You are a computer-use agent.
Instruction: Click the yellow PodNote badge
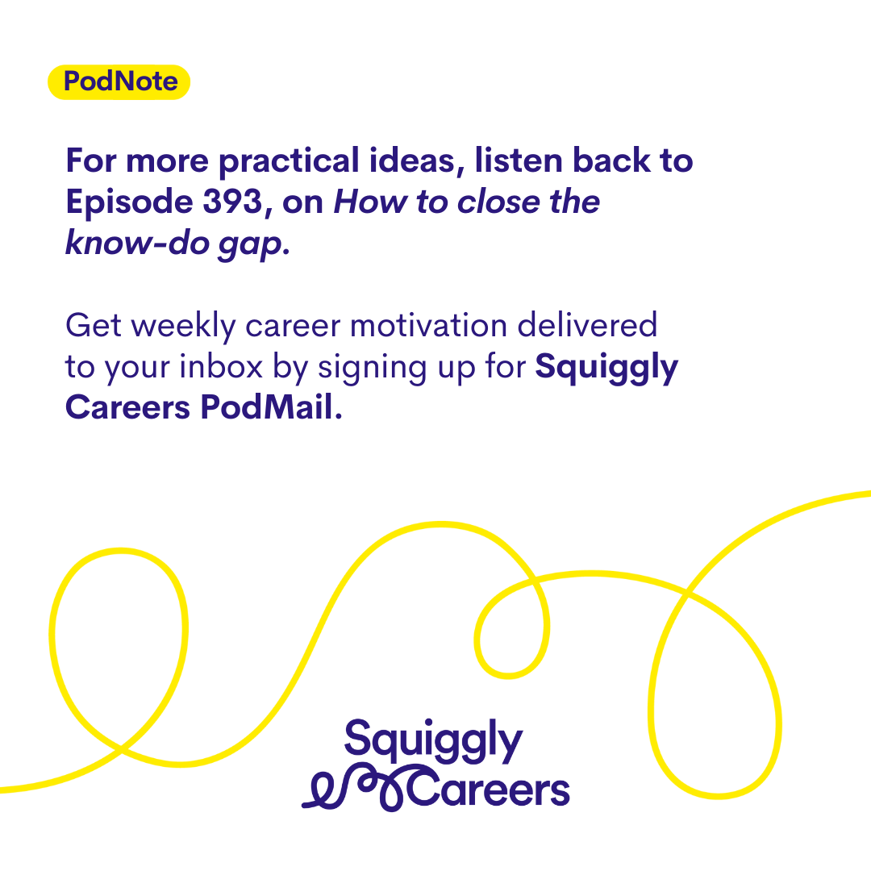pyautogui.click(x=119, y=82)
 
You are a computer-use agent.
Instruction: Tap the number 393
pyautogui.click(x=232, y=201)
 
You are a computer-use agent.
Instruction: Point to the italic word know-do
pyautogui.click(x=137, y=242)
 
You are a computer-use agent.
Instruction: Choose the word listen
pyautogui.click(x=519, y=160)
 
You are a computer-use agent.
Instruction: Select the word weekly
pyautogui.click(x=184, y=327)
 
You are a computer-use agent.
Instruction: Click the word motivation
pyautogui.click(x=428, y=326)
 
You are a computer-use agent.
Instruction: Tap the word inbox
pyautogui.click(x=221, y=367)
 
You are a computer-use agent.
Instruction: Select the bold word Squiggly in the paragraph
pyautogui.click(x=606, y=369)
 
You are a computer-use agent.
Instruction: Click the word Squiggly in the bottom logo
pyautogui.click(x=433, y=741)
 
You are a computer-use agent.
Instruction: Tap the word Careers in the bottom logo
pyautogui.click(x=488, y=788)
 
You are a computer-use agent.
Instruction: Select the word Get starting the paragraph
pyautogui.click(x=94, y=326)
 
